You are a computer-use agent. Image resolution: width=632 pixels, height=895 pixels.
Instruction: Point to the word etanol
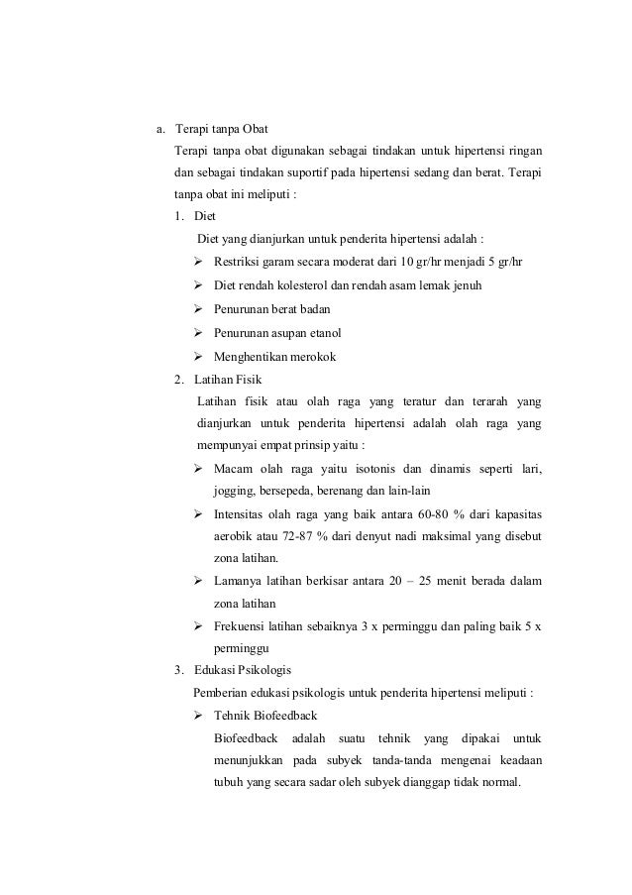pos(333,332)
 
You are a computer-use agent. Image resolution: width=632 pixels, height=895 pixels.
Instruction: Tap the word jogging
pos(234,493)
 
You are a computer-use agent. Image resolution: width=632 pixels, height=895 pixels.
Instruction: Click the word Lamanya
pos(239,581)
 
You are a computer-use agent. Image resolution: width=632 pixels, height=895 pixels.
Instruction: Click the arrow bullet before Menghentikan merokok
pos(199,356)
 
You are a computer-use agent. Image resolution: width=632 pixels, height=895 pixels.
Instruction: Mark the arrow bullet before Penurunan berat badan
pos(199,309)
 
